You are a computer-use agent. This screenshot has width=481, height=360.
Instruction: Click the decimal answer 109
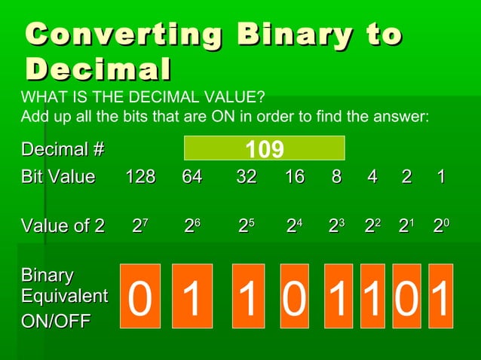(x=264, y=149)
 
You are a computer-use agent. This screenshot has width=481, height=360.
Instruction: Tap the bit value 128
(x=140, y=177)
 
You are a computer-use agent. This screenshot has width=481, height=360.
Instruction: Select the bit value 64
(x=192, y=177)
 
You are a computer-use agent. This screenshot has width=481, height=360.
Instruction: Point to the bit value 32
(x=246, y=177)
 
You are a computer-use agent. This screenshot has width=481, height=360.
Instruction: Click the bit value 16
(x=295, y=177)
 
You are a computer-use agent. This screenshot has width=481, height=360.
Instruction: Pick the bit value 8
(x=336, y=177)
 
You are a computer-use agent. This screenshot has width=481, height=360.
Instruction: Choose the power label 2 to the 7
(x=140, y=225)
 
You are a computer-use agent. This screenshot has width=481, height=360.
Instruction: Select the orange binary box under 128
(x=140, y=296)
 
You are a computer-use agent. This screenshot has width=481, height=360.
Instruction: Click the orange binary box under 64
(x=192, y=296)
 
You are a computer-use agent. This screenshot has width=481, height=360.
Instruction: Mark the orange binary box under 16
(x=295, y=296)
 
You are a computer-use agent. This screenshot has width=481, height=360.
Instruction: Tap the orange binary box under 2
(x=406, y=296)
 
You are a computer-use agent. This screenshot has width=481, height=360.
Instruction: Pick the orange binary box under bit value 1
(x=441, y=296)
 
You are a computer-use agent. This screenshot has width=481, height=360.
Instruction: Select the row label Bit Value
(x=58, y=177)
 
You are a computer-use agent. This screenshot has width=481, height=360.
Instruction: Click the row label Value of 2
(x=63, y=225)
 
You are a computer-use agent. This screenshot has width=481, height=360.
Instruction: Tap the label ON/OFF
(x=56, y=322)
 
